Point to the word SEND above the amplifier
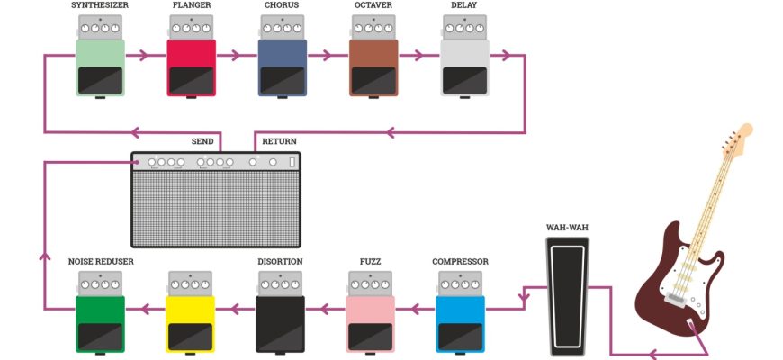click(x=202, y=141)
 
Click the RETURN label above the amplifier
click(x=279, y=141)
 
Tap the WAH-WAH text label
click(x=567, y=227)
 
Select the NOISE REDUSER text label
click(x=101, y=262)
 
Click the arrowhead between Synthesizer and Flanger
click(x=143, y=56)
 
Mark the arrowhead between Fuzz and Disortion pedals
click(x=328, y=309)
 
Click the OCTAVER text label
click(x=373, y=5)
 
